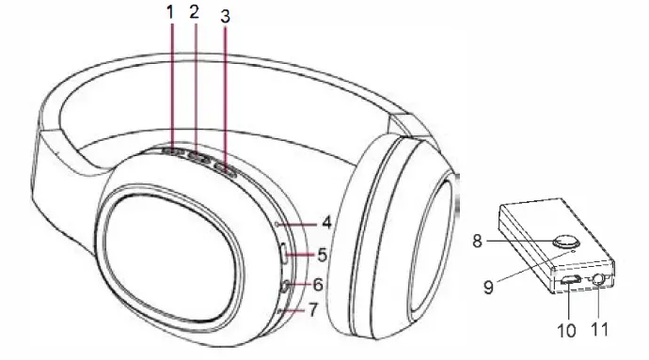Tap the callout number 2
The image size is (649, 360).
[194, 13]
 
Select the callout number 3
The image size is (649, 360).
[224, 18]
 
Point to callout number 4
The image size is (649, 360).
[325, 224]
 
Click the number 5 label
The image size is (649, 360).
[323, 254]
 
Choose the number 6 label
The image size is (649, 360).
[320, 284]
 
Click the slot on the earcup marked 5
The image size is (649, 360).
[283, 254]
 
